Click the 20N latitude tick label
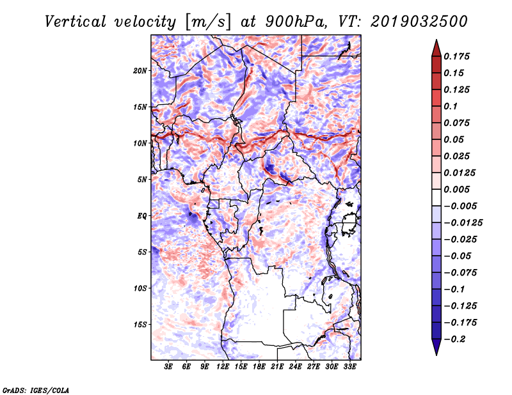[140, 71]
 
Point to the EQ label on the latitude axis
[141, 216]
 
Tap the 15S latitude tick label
[140, 325]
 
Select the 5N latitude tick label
[142, 180]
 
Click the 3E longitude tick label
[168, 367]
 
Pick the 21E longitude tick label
[277, 367]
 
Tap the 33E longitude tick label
[349, 367]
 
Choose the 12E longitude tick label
[223, 367]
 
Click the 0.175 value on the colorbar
[456, 56]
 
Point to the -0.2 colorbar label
[454, 339]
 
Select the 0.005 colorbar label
[456, 189]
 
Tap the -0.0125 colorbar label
[463, 223]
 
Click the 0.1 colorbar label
[451, 106]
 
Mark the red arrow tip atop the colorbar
[436, 40]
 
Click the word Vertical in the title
[75, 22]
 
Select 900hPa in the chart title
[296, 22]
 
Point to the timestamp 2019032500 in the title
[419, 22]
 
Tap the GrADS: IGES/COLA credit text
[36, 391]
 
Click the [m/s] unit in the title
[208, 22]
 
